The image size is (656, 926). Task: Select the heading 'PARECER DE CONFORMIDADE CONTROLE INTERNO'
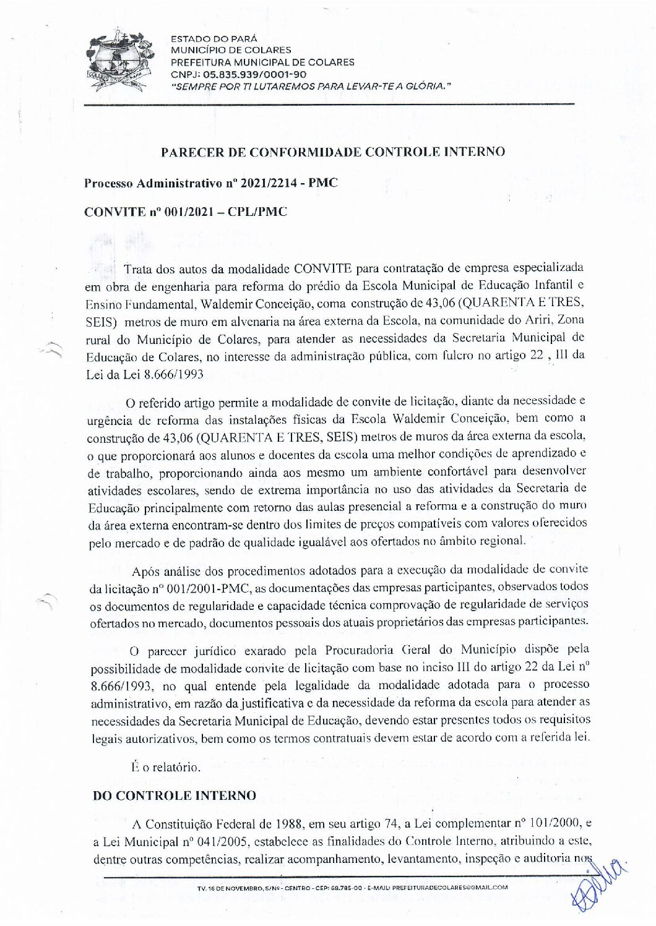click(333, 152)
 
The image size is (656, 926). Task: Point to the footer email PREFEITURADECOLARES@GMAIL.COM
click(450, 886)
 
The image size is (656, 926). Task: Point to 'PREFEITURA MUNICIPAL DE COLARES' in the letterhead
click(262, 62)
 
